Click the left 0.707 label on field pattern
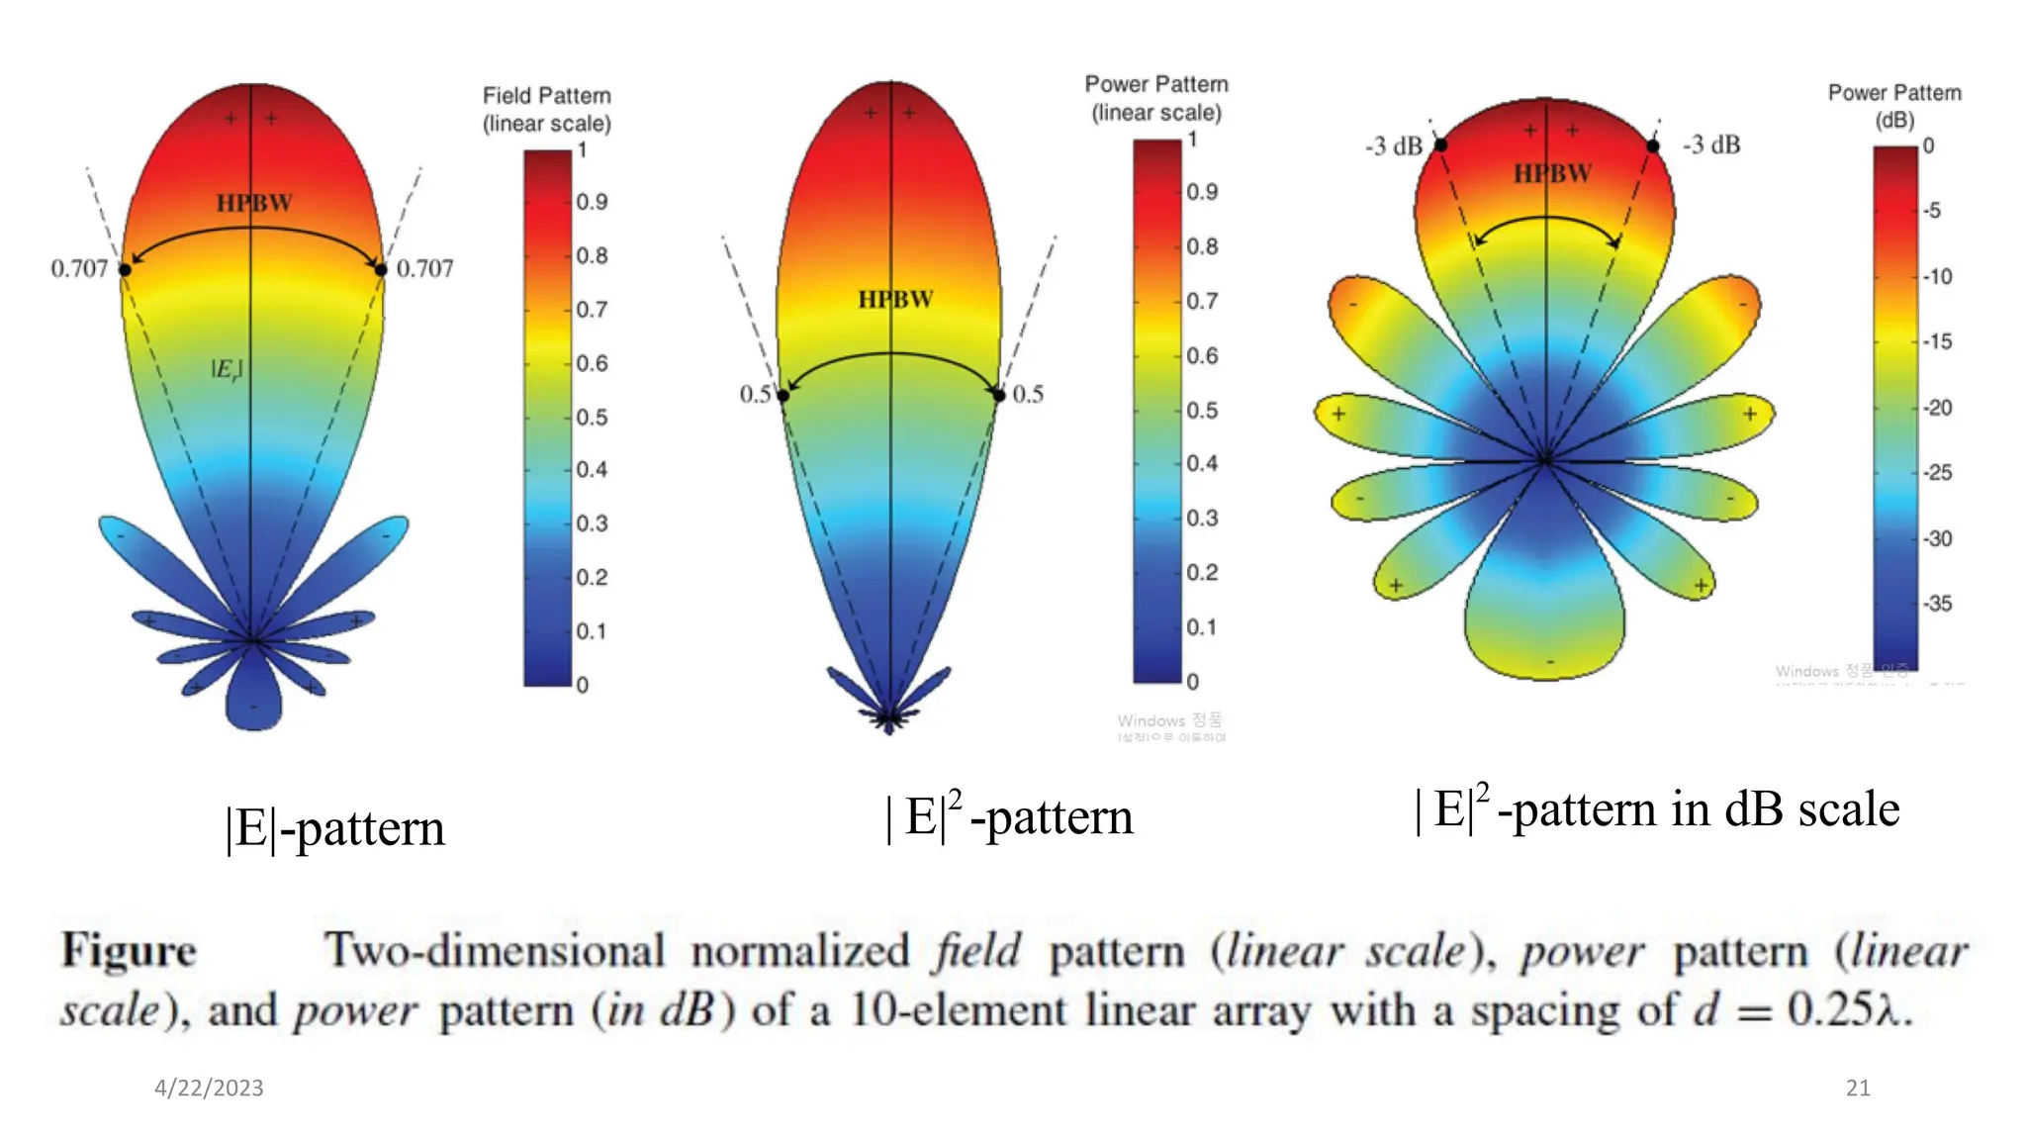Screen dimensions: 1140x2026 coord(79,268)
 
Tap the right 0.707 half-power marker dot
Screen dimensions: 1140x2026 coord(381,269)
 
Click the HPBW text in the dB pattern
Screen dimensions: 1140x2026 coord(1552,174)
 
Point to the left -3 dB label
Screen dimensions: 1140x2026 coord(1393,146)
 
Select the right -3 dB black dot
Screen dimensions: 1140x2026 coord(1652,146)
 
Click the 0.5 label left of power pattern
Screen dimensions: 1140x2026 coord(755,394)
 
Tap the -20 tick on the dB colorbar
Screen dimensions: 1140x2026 coord(1937,408)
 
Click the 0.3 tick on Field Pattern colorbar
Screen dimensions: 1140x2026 coord(592,523)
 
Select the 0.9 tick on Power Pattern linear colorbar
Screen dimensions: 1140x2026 coord(1202,192)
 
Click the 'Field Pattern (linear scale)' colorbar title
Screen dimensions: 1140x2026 coord(546,109)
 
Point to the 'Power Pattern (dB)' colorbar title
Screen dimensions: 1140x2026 coord(1893,105)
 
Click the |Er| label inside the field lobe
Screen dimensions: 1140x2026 coord(227,369)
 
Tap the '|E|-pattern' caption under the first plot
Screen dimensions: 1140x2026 coord(335,827)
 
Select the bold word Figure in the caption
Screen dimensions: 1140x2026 coord(129,950)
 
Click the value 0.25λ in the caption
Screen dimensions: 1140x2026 coord(1849,1009)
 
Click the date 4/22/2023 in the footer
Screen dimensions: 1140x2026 coord(209,1088)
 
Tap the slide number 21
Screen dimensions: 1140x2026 coord(1858,1088)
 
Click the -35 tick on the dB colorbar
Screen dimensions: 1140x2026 coord(1937,604)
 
